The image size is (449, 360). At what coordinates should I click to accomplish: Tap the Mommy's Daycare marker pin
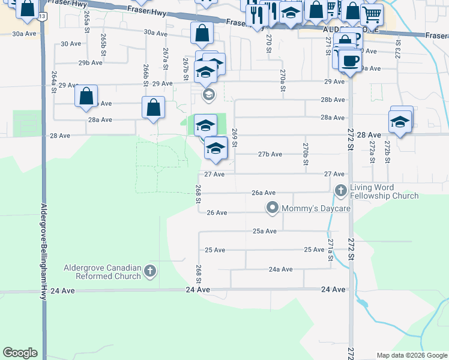[273, 208]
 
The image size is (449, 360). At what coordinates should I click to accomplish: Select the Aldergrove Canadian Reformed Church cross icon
[149, 272]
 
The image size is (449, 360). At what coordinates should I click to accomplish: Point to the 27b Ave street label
[270, 154]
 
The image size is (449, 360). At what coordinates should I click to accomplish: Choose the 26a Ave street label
[264, 193]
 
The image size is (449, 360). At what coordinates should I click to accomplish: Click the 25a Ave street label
[264, 231]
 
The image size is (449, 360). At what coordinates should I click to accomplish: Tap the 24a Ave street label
[280, 269]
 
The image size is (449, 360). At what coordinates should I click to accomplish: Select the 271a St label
[330, 250]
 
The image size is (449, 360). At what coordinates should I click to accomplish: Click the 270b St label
[306, 154]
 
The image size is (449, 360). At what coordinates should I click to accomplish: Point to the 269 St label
[235, 138]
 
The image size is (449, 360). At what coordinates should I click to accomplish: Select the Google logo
[20, 353]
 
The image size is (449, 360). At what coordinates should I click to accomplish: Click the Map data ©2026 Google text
[412, 355]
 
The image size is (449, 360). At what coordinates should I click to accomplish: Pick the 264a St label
[54, 82]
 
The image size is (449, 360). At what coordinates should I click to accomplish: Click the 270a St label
[282, 80]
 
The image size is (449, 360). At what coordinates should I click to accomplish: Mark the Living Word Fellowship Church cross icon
[340, 191]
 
